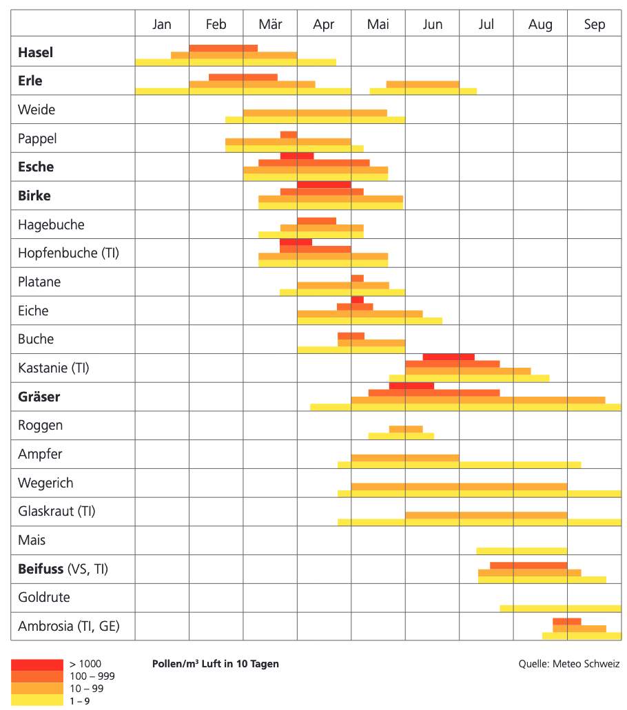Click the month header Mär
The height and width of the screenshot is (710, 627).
coord(270,25)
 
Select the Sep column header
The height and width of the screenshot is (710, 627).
coord(594,25)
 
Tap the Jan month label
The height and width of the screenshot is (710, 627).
coord(162,25)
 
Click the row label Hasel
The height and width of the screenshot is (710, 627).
coord(35,52)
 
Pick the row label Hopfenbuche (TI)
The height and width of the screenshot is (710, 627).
coord(68,253)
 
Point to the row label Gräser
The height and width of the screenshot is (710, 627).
coord(39,397)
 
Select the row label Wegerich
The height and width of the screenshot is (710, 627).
coord(45,483)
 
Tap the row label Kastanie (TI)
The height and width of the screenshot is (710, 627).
coord(54,368)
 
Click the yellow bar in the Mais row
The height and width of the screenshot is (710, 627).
coord(522,551)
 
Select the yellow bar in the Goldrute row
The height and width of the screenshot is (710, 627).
coord(560,608)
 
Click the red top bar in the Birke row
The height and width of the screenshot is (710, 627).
coord(324,185)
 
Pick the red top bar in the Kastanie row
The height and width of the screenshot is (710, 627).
coord(449,357)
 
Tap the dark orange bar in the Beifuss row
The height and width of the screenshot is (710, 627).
coord(528,565)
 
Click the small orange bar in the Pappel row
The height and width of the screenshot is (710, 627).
coord(289,134)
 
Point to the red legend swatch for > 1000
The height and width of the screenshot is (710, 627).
coord(37,664)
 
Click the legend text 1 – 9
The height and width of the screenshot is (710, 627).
coord(80,701)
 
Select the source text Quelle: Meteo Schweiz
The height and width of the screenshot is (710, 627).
coord(569,664)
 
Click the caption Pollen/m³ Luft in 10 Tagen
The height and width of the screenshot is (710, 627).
coord(215,664)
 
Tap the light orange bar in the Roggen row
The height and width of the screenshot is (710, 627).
coord(406,429)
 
